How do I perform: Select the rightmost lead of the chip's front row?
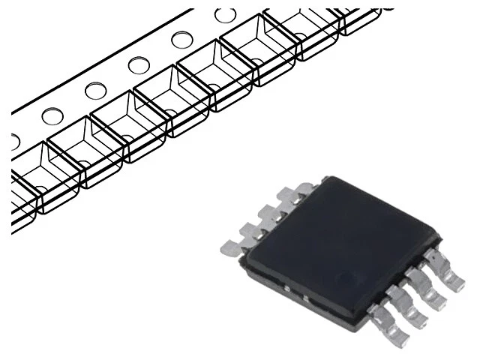click(451, 275)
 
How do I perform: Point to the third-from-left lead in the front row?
click(429, 291)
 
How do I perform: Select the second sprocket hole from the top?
click(181, 40)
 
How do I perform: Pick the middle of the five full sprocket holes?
click(139, 65)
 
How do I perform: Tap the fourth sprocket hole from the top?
click(96, 91)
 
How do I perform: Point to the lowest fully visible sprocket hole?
click(52, 116)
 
